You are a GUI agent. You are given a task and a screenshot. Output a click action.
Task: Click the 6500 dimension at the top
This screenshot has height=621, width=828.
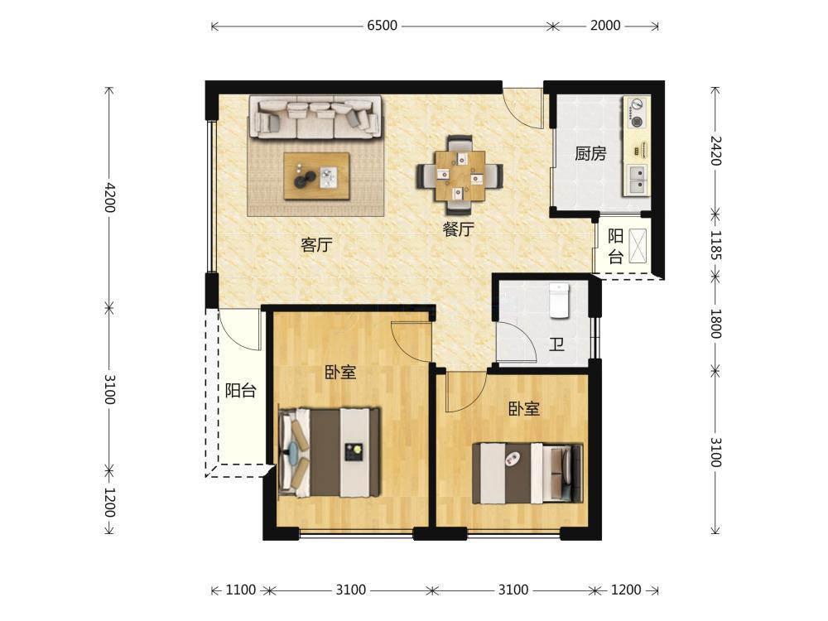[382, 26]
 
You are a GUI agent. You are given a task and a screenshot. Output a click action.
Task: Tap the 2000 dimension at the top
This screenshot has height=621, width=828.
[605, 26]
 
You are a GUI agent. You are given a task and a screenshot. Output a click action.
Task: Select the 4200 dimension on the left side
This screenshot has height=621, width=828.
[109, 197]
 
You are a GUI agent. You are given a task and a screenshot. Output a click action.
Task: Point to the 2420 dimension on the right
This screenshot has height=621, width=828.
[715, 151]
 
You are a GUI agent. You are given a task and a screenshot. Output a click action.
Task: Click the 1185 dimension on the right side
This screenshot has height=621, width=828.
[715, 244]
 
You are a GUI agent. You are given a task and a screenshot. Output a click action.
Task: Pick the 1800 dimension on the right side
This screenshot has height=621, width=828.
[715, 324]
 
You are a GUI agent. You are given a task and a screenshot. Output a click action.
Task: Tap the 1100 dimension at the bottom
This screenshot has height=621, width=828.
[241, 590]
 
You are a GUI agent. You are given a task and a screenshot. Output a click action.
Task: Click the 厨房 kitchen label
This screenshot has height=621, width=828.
[590, 154]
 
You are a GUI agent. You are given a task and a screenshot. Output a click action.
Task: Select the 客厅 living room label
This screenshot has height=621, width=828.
[316, 245]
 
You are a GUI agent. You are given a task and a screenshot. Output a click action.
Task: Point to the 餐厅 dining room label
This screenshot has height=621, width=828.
[459, 229]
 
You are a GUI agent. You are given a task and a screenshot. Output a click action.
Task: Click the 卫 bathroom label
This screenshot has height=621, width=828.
[556, 344]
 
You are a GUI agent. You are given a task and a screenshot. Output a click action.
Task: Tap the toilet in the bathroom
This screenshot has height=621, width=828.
[559, 301]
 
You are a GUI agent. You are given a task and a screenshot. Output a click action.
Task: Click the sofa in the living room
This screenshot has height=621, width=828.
[315, 118]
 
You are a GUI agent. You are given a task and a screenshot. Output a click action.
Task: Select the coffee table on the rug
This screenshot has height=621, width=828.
[316, 176]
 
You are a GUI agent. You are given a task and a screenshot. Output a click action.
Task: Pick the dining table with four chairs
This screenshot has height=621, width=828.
[460, 176]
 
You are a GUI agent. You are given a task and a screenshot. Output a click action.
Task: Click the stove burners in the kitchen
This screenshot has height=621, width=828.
[636, 113]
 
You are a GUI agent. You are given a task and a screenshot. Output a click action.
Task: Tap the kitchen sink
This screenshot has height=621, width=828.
[638, 179]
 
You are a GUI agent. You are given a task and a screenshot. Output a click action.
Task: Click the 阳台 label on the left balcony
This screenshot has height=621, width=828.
[241, 391]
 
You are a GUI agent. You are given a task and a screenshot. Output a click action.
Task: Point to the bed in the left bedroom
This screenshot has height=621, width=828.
[330, 451]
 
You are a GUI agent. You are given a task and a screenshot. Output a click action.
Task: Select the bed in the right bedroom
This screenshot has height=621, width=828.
[527, 473]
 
